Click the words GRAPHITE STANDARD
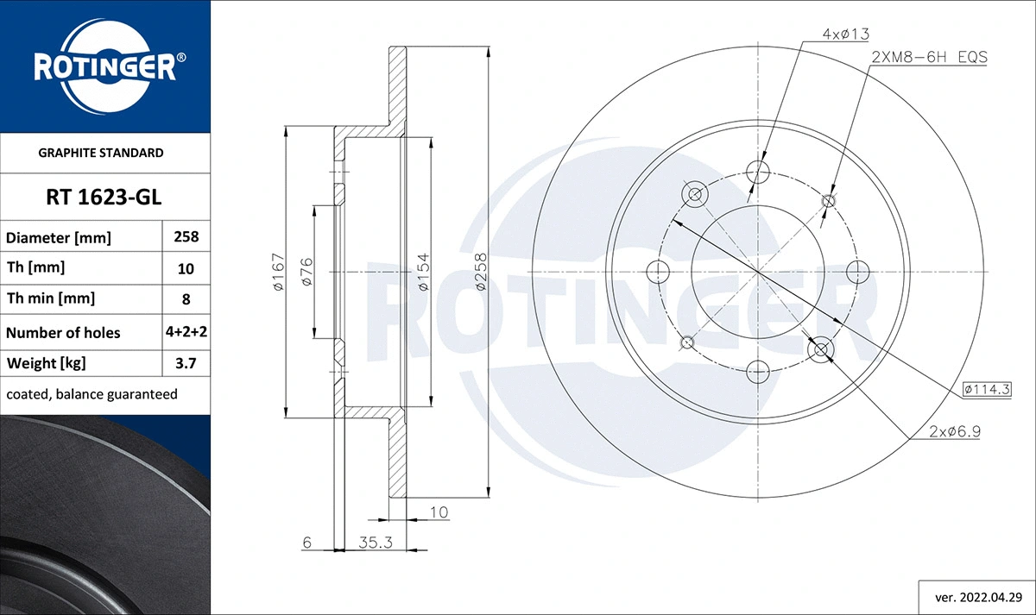point(101,153)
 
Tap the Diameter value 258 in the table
point(186,236)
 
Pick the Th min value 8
point(186,299)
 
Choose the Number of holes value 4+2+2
point(186,332)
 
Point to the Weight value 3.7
point(186,363)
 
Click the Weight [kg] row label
point(47,363)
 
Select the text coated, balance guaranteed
point(92,394)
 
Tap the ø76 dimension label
point(306,272)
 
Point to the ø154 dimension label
point(424,272)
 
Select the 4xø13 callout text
point(845,34)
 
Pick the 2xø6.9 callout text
point(956,431)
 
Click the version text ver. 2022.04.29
point(978,596)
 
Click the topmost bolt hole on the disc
point(758,170)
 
